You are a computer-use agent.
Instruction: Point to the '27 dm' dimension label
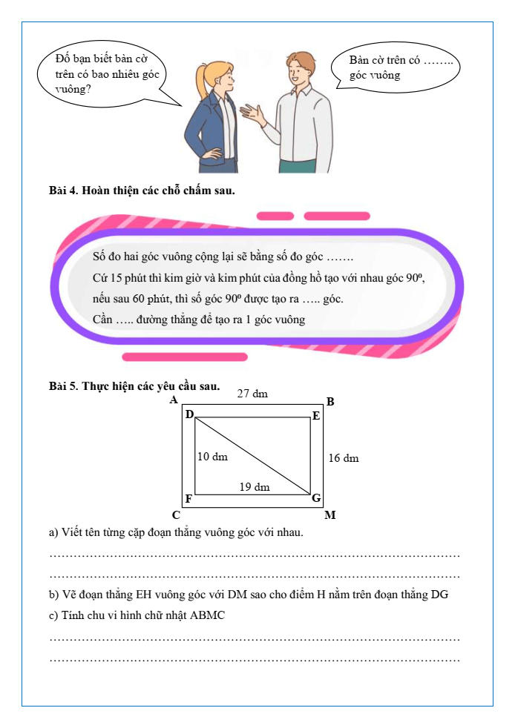coord(252,394)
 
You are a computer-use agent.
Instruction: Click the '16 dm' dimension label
coord(344,458)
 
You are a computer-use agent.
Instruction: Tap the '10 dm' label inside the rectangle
coord(213,457)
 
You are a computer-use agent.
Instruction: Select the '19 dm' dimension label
coord(255,487)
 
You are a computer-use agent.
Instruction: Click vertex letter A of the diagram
coord(174,400)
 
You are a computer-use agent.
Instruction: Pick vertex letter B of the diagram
coord(331,402)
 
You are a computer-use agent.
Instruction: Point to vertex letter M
coord(330,515)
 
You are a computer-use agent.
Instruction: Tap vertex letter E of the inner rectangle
coord(315,416)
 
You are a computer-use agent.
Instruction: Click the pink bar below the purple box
coord(184,357)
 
